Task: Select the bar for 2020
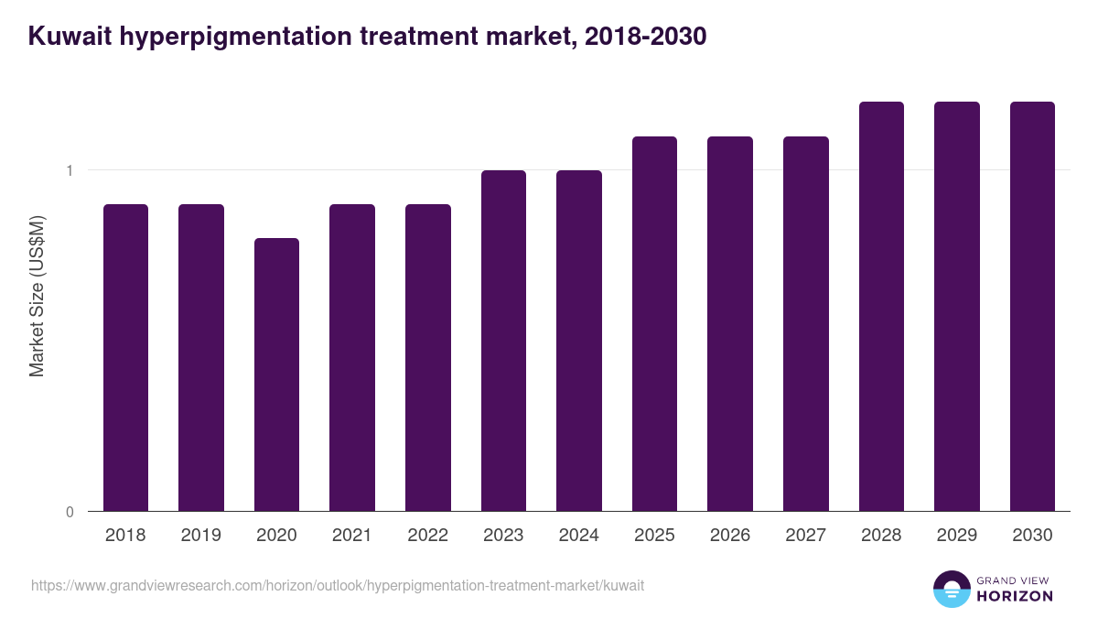click(x=276, y=374)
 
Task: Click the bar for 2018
click(x=125, y=357)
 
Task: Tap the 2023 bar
click(x=503, y=341)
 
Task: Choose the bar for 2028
click(x=881, y=306)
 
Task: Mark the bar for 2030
click(x=1032, y=306)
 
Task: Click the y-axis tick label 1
click(x=70, y=170)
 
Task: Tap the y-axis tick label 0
click(x=70, y=512)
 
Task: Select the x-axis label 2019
click(x=201, y=536)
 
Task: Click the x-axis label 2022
click(x=427, y=536)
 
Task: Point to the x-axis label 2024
click(x=578, y=536)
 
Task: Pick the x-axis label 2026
click(x=729, y=536)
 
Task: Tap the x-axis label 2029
click(x=956, y=536)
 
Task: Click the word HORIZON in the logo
click(x=1015, y=596)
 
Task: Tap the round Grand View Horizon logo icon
click(x=951, y=589)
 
